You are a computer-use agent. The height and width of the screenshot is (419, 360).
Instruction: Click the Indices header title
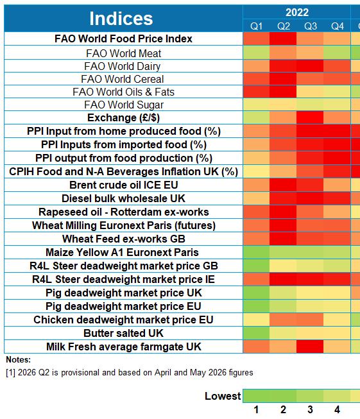point(121,19)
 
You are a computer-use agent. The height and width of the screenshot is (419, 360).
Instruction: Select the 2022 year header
point(297,12)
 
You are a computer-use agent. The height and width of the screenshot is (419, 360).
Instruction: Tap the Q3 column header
point(311,26)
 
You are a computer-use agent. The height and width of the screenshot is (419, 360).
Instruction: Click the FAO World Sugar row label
point(124,105)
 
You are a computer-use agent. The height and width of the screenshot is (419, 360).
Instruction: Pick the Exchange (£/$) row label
point(123,118)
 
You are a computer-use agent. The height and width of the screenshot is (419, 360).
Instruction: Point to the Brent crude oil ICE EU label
point(124,185)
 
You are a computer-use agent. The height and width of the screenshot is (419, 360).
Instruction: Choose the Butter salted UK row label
point(123,333)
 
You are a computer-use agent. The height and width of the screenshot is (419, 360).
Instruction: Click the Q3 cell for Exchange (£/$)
point(310,117)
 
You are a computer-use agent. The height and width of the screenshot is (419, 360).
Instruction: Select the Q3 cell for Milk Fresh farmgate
point(310,346)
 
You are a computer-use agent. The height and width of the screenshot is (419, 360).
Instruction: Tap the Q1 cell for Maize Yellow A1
point(256,252)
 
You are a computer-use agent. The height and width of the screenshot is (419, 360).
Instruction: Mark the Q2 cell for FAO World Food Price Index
point(283,38)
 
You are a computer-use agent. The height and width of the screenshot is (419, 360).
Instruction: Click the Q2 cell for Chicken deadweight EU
point(283,320)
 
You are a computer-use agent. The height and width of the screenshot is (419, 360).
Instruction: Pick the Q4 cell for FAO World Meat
point(337,53)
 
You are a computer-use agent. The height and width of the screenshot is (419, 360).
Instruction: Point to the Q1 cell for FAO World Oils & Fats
point(256,92)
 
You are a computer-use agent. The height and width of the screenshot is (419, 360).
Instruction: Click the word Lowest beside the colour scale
point(223,396)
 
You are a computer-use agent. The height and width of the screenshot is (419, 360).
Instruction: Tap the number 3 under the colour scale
point(310,409)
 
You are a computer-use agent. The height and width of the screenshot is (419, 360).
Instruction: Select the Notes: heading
point(19,360)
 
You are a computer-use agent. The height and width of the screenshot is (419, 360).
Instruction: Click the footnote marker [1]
point(11,373)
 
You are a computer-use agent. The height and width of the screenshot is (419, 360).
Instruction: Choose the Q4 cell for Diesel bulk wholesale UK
point(337,198)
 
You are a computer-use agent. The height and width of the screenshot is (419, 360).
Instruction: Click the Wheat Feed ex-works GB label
point(124,239)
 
